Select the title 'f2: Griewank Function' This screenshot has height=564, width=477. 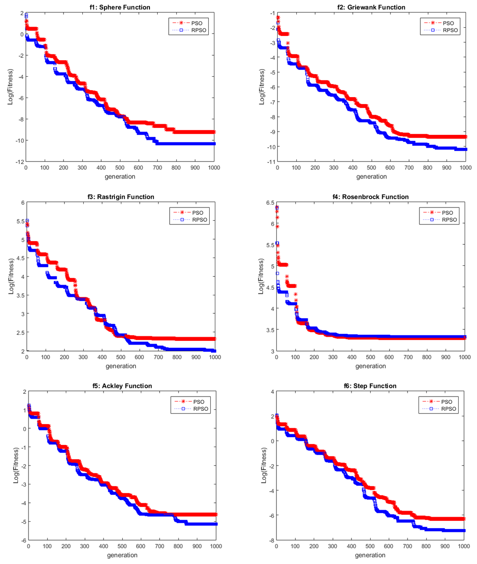tap(370, 7)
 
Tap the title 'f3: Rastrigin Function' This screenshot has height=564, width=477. tap(120, 197)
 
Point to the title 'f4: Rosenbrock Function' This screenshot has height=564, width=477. tap(370, 197)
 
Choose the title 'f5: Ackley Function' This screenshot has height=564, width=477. tap(122, 386)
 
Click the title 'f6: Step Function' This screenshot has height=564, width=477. tap(370, 386)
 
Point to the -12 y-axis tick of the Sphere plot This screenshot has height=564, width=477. tap(19, 162)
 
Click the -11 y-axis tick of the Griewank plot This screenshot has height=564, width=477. tap(270, 162)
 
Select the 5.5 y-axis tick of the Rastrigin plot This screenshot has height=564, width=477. tap(19, 221)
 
